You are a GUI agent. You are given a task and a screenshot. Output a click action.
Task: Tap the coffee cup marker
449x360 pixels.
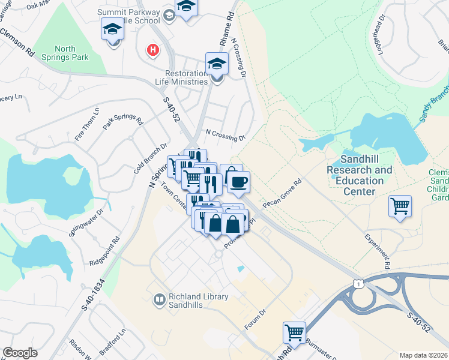[239, 182]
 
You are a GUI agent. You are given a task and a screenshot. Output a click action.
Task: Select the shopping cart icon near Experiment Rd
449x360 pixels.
[400, 206]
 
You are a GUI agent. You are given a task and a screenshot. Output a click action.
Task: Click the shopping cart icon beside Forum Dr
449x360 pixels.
[294, 332]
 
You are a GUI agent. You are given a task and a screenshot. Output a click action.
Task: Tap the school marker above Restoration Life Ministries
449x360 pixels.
[217, 64]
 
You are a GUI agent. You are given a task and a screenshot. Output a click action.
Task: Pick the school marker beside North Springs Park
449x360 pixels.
[112, 29]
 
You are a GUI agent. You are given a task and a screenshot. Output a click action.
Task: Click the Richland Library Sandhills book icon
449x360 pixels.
[160, 299]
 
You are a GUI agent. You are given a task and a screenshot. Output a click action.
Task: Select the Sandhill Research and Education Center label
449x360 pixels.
[359, 175]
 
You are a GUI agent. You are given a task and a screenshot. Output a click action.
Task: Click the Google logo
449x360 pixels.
[20, 353]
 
